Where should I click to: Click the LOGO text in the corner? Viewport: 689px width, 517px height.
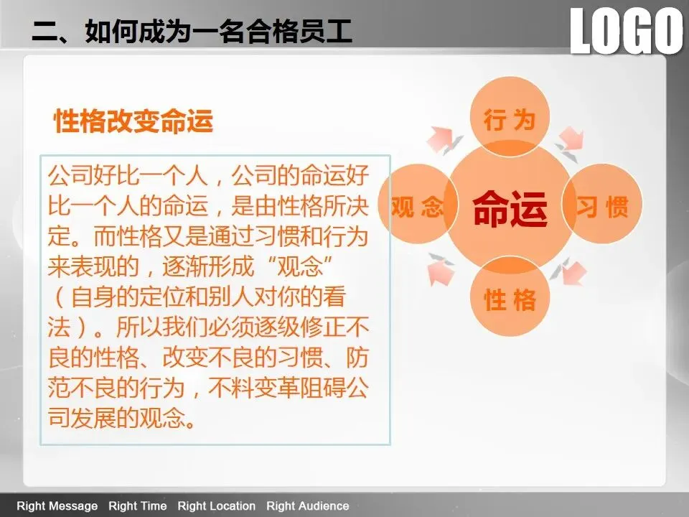[x=627, y=31]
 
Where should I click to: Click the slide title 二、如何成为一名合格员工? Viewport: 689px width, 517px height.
[x=192, y=31]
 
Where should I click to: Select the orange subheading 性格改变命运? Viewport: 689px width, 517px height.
[x=133, y=121]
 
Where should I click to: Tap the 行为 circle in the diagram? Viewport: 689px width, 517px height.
[x=510, y=116]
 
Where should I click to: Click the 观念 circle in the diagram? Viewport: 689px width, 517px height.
[x=418, y=205]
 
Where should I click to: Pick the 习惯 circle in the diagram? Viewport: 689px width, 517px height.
[x=602, y=204]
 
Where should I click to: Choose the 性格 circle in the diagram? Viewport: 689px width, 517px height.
[x=510, y=297]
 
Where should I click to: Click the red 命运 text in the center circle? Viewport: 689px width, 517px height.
[x=510, y=208]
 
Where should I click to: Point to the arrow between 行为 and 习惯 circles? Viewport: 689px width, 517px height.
[x=570, y=144]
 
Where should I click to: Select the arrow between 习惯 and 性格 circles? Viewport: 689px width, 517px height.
[x=567, y=271]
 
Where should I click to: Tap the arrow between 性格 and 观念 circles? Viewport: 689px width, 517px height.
[x=441, y=269]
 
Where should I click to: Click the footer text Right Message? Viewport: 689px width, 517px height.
[x=57, y=506]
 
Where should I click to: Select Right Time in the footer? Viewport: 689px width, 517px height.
[x=138, y=506]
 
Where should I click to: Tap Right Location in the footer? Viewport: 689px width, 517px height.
[x=216, y=506]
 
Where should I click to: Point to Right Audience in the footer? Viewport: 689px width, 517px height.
[x=308, y=506]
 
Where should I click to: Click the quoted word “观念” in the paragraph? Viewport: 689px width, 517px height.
[x=299, y=266]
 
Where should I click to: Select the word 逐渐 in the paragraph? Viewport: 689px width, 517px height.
[x=185, y=266]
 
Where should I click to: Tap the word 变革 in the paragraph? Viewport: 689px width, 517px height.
[x=276, y=388]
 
